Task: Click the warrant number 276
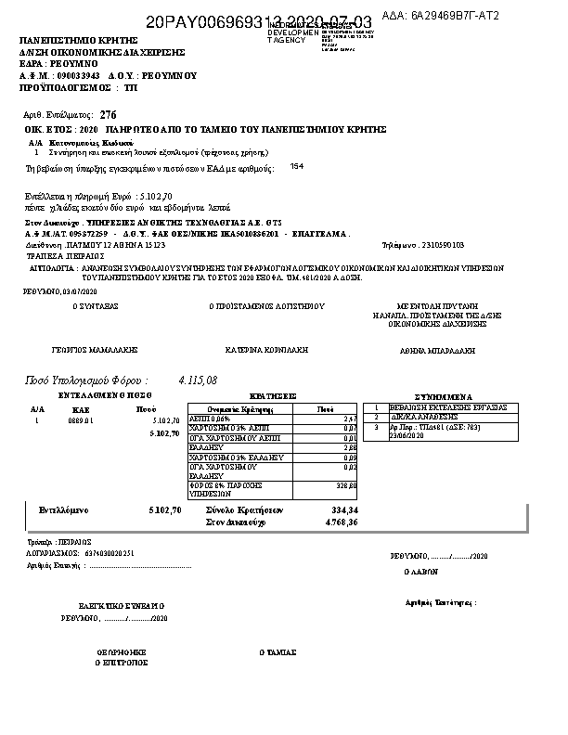(109, 113)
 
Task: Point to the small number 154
(296, 166)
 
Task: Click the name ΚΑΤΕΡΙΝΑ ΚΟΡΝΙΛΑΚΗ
(265, 350)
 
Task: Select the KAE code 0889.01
(81, 420)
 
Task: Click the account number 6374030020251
(110, 552)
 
